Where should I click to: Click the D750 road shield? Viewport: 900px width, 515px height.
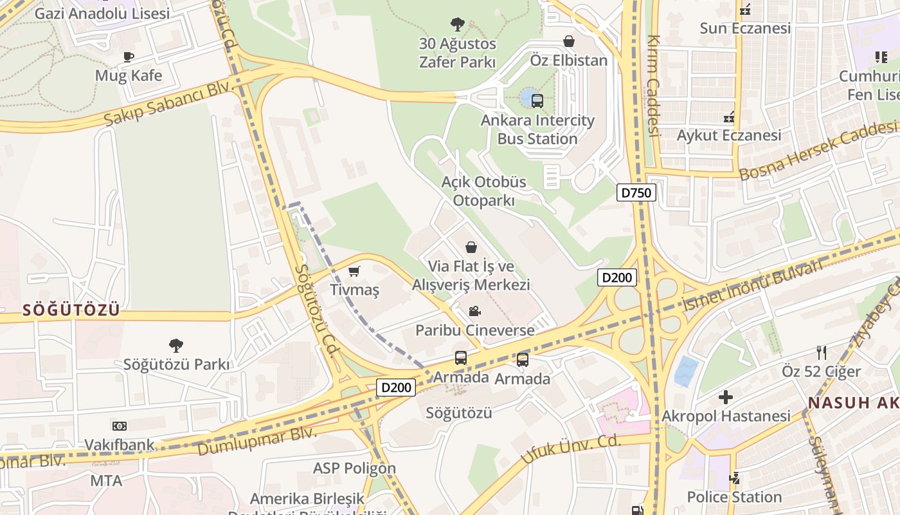636,192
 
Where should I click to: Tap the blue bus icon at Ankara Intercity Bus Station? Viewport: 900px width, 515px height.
537,100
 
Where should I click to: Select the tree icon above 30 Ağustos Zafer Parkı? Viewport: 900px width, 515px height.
457,25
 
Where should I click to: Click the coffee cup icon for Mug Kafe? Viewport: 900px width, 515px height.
129,57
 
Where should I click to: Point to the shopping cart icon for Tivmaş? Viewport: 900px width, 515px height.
354,272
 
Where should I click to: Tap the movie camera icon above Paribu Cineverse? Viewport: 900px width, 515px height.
474,312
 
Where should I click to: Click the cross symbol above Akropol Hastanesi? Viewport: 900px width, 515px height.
726,397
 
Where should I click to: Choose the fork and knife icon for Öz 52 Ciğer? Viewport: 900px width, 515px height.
821,352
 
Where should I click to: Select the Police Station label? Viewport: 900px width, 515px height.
734,497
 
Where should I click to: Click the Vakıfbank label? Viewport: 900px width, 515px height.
120,445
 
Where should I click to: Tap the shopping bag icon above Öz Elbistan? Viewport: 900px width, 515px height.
569,41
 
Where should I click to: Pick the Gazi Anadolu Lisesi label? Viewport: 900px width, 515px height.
102,14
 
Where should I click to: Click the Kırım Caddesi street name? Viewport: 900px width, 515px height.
654,86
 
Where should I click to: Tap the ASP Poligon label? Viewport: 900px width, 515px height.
354,468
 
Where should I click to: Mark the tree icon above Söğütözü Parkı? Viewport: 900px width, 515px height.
175,346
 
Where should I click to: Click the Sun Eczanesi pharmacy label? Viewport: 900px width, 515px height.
745,28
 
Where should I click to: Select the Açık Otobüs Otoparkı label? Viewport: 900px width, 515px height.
483,191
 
